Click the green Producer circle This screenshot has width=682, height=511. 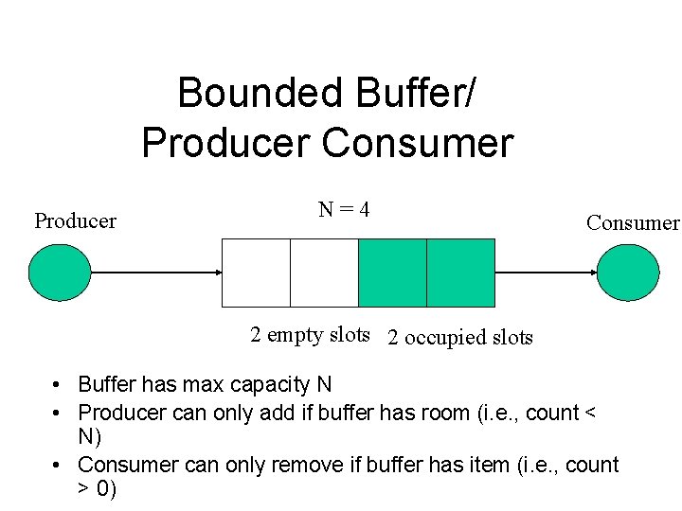[60, 273]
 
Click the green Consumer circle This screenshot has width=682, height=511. [628, 273]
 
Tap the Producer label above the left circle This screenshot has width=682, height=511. [75, 221]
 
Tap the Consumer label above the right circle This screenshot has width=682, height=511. [633, 223]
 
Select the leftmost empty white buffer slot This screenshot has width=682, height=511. [256, 273]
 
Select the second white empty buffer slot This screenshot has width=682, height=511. [324, 273]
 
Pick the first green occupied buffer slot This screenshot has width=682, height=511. [392, 273]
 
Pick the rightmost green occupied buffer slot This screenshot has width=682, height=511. [460, 273]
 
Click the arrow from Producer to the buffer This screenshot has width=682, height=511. [156, 273]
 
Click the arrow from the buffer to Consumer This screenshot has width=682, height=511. [546, 273]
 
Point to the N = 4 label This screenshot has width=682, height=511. [344, 209]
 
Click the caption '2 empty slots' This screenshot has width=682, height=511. [310, 334]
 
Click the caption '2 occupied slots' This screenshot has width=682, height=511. [460, 338]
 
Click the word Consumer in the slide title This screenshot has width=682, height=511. [418, 144]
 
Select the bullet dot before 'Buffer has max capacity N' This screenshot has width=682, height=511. [58, 386]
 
